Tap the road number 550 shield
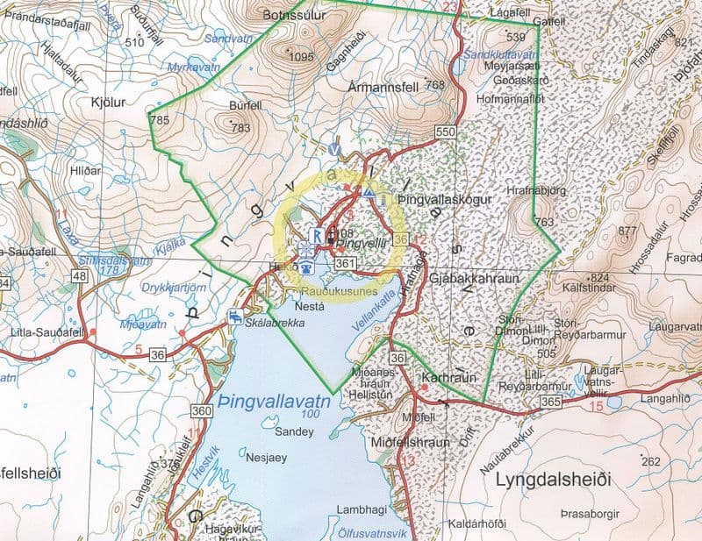coord(446,131)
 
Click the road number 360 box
coord(201,410)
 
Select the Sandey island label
coord(290,431)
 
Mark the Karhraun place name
coord(441,375)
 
